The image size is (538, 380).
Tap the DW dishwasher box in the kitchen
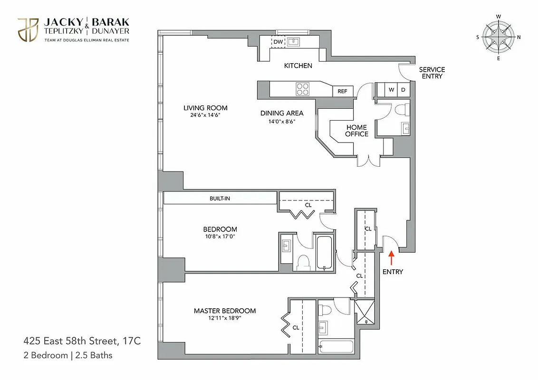278,42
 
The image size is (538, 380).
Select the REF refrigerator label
342,91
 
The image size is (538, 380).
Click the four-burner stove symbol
303,88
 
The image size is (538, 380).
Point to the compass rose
499,37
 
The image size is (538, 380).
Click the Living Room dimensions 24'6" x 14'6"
205,115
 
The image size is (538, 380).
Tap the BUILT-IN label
220,198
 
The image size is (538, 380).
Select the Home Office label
356,131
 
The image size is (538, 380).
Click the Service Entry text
432,73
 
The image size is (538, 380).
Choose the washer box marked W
392,89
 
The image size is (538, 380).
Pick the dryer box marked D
403,89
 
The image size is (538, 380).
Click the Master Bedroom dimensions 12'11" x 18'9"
224,318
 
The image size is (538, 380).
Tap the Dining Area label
281,113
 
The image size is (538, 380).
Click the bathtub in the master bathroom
336,347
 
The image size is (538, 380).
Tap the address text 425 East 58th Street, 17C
82,341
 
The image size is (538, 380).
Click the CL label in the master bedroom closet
296,327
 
